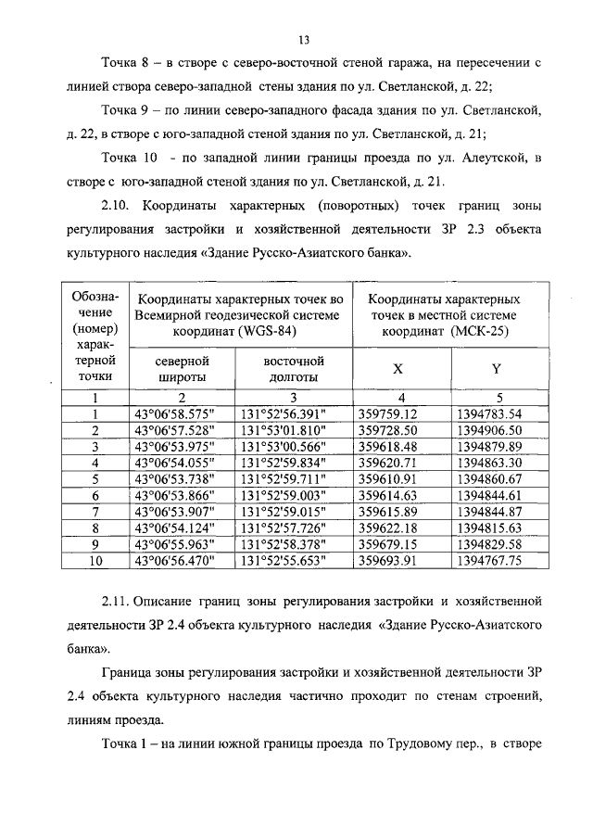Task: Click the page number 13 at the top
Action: point(303,39)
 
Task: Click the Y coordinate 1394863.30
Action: point(496,464)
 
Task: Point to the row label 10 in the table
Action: point(95,561)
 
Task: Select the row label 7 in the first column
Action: point(95,512)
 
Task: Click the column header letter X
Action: point(397,369)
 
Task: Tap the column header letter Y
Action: point(496,369)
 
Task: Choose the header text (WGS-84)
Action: point(277,332)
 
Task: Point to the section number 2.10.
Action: point(116,204)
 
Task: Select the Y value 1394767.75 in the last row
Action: point(496,561)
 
